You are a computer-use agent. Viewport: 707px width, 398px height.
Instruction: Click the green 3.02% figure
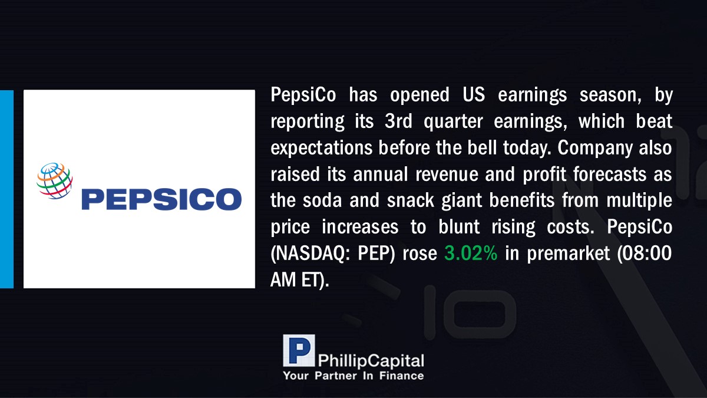[x=471, y=253]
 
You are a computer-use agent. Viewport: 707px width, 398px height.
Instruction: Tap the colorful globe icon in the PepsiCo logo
[x=55, y=180]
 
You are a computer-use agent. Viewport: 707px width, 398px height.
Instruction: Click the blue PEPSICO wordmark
[x=161, y=199]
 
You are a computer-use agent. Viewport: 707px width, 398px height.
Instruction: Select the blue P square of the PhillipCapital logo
[x=299, y=350]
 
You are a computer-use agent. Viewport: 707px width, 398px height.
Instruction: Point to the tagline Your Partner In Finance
[x=353, y=376]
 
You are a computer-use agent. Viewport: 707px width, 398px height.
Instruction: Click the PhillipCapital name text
[x=371, y=361]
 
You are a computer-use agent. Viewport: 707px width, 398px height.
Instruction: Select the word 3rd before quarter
[x=398, y=121]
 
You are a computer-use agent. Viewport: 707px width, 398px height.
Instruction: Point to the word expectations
[x=321, y=148]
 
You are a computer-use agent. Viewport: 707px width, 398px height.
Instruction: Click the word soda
[x=322, y=200]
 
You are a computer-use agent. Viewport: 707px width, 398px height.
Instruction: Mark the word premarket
[x=569, y=254]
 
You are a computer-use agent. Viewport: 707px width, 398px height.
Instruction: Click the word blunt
[x=459, y=226]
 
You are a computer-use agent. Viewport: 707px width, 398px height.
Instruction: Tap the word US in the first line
[x=474, y=95]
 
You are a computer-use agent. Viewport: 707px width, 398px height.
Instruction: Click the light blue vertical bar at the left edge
[x=6, y=189]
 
